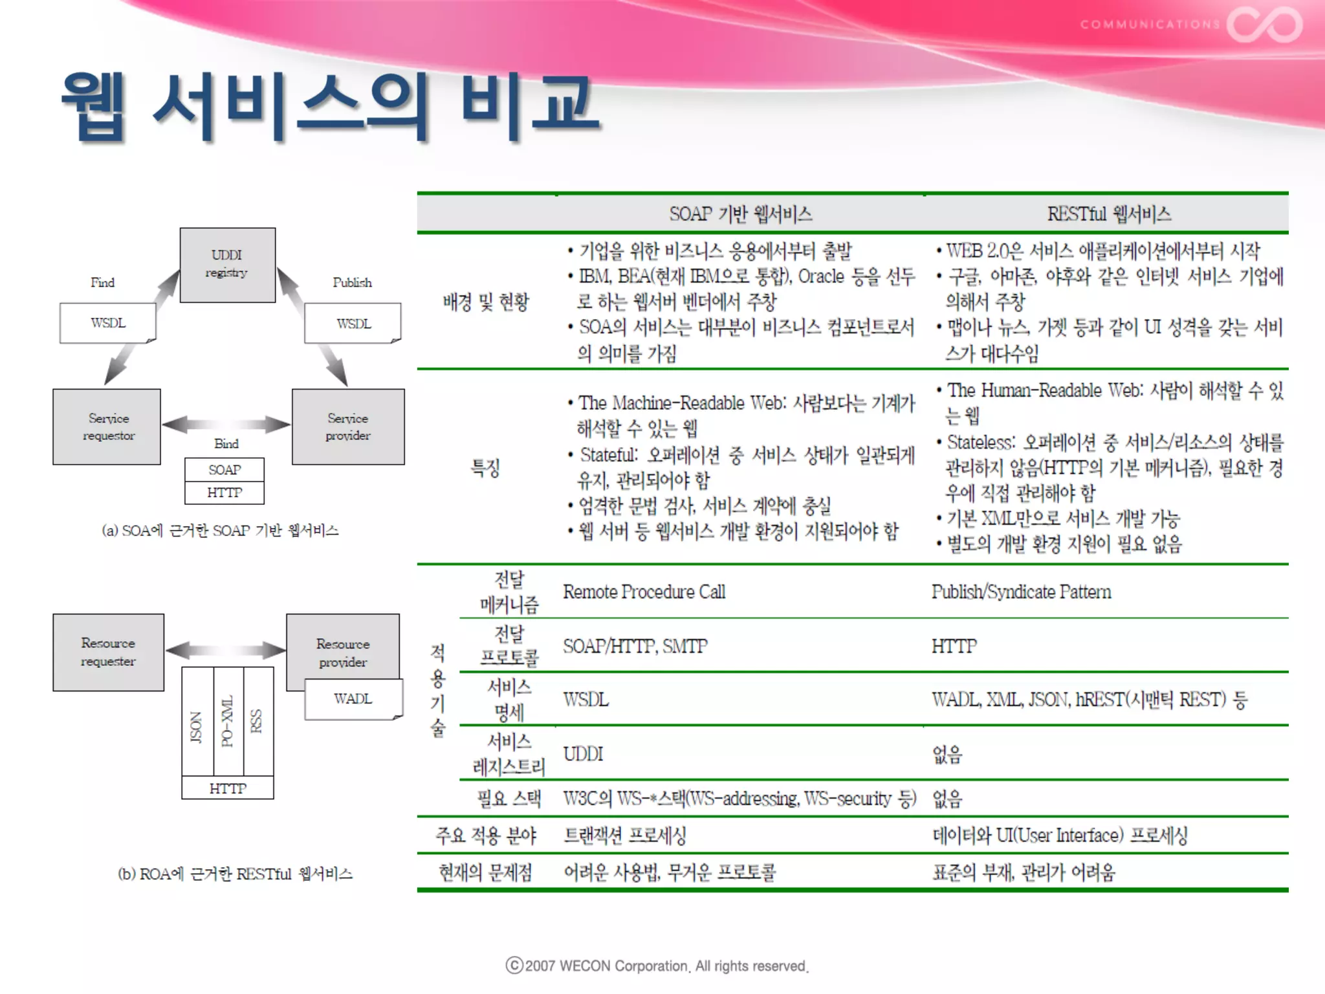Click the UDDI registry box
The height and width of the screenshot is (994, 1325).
tap(227, 264)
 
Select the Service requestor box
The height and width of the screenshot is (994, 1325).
tap(107, 426)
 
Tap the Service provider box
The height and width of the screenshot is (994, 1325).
tap(348, 426)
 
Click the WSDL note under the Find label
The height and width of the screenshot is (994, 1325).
tap(107, 323)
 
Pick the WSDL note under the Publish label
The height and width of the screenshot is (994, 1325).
tap(353, 324)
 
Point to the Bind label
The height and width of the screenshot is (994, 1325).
tap(226, 444)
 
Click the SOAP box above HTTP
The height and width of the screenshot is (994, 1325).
tap(224, 470)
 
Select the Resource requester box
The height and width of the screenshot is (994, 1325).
tap(108, 652)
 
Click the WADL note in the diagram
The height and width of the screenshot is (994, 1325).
tap(353, 699)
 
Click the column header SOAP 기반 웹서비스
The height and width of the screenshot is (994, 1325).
tap(741, 214)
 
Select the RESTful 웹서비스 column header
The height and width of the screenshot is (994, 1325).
tap(1109, 214)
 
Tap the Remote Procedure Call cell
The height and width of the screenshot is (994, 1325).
tap(644, 592)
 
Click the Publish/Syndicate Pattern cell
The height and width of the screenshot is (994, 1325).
tap(1021, 592)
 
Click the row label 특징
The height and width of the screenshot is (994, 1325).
tap(485, 467)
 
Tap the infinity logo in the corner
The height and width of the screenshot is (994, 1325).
tap(1265, 25)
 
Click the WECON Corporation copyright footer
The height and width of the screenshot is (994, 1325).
tap(657, 966)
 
